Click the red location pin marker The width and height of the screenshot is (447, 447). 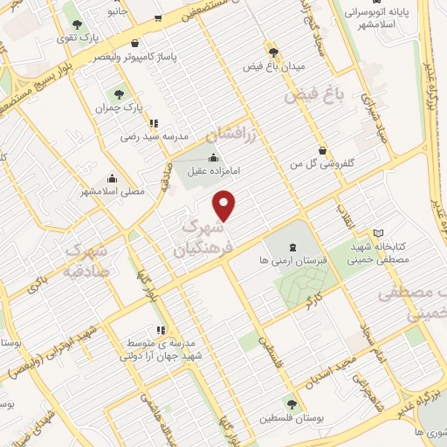[x=225, y=206]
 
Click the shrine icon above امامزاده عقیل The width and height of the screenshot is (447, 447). [x=215, y=157]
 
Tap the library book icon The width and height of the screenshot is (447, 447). [x=378, y=232]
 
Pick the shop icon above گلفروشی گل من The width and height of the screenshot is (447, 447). [x=324, y=150]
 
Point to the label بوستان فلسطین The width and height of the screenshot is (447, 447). [x=292, y=418]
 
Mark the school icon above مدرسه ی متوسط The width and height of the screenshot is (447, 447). [x=160, y=330]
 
